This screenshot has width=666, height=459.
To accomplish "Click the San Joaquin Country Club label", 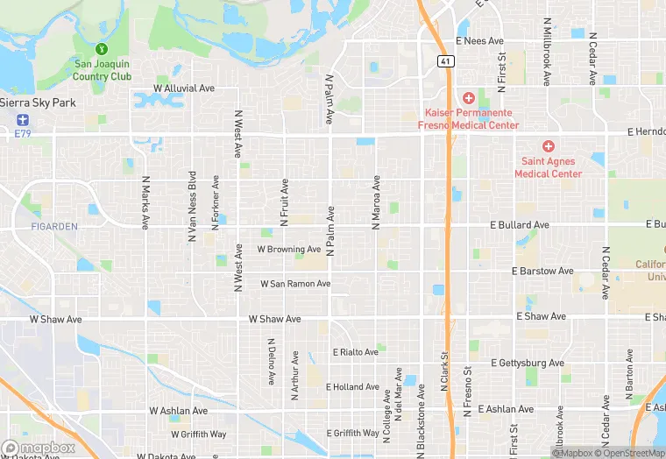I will (x=103, y=70).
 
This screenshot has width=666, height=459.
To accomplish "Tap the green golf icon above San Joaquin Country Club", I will (x=103, y=48).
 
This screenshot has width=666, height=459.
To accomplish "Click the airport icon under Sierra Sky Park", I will (x=21, y=119).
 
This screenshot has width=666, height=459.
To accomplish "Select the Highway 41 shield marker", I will (x=445, y=60).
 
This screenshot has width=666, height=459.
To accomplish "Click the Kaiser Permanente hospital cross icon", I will (x=469, y=97).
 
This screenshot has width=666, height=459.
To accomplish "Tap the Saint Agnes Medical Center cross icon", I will (x=549, y=146).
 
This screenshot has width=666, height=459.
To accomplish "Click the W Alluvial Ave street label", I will (x=184, y=88).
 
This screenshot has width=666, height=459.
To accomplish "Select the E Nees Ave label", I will (x=478, y=41).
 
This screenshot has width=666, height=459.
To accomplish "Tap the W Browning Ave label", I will (x=289, y=250).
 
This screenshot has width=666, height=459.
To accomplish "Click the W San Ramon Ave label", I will (x=295, y=284).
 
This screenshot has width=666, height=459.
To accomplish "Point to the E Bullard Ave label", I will (x=520, y=225).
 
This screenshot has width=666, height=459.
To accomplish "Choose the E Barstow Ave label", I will (x=543, y=272).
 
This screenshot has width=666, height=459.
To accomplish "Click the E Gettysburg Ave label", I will (x=528, y=363).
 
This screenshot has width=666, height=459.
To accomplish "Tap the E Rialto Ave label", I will (x=355, y=352).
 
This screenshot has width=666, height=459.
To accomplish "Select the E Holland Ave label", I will (x=352, y=386).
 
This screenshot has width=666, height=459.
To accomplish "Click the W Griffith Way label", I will (x=198, y=434).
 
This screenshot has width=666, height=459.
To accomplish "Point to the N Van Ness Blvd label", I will (x=192, y=206).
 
